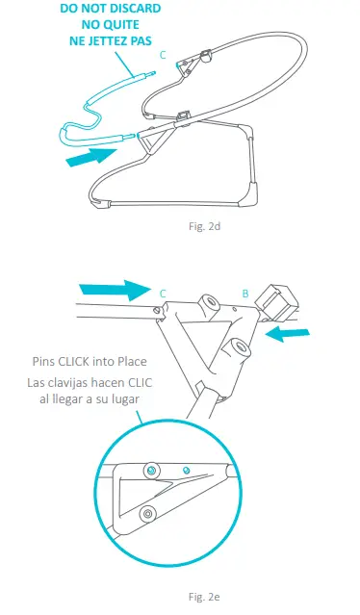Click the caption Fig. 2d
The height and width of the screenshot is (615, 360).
point(204,226)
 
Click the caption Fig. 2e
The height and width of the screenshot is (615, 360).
point(204,597)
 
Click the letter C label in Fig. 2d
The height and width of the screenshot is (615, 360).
point(163,55)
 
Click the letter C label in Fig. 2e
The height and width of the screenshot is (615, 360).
point(163,294)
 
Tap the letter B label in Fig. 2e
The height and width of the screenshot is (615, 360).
point(245,294)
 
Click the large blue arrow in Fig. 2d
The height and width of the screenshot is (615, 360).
point(91,157)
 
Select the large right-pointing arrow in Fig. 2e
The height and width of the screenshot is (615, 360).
point(115,291)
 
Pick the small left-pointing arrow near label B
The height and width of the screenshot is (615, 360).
point(288,335)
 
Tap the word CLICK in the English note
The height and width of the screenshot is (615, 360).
point(74,361)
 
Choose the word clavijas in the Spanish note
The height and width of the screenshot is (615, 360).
point(67,382)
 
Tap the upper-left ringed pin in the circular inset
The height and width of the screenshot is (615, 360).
point(152,471)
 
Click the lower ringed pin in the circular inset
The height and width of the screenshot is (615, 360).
point(147,513)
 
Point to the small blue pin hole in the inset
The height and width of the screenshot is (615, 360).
point(187,469)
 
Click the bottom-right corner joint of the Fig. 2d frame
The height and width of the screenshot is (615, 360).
point(252,193)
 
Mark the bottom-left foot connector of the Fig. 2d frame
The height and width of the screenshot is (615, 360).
point(99,203)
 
